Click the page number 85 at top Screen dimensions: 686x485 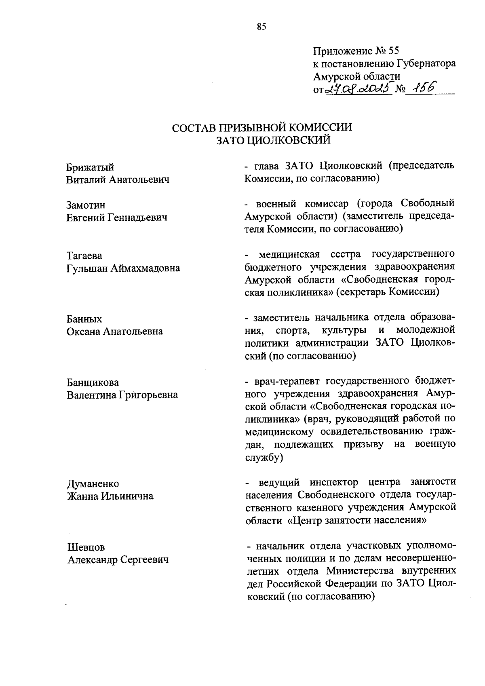tap(261, 27)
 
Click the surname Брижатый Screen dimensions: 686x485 tap(90, 167)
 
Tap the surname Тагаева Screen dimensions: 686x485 tap(84, 256)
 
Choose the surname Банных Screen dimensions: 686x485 tap(84, 319)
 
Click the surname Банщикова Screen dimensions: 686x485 tap(93, 382)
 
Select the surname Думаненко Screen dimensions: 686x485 tap(93, 484)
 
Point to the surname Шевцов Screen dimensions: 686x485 tap(86, 547)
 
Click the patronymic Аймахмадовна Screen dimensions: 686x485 tap(146, 268)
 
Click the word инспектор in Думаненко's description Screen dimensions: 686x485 tap(334, 482)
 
